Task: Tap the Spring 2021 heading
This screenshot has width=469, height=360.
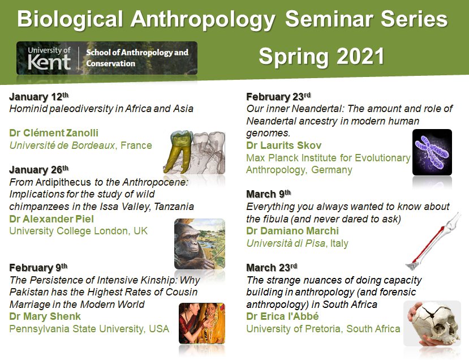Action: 321,57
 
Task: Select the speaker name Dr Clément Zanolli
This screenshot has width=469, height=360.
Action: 54,133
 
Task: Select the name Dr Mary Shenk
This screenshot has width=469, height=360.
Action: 45,316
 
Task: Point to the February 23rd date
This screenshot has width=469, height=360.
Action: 278,96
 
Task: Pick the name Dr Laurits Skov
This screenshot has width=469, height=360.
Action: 283,145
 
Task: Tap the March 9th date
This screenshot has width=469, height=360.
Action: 268,194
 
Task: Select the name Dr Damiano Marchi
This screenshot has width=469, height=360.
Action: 291,232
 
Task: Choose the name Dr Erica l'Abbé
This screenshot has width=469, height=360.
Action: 282,316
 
